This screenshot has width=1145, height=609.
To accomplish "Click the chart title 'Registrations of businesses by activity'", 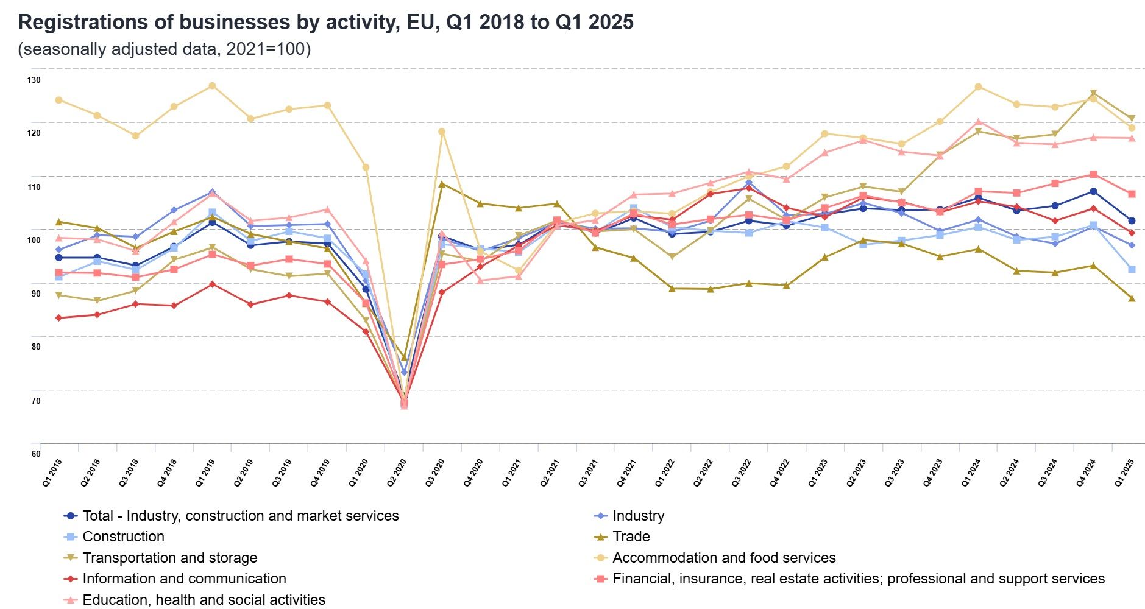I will [325, 22].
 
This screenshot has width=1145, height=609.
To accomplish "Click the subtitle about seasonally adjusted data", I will [165, 49].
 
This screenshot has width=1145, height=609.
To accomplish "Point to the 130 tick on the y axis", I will [34, 80].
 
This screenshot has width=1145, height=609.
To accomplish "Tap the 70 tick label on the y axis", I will [36, 401].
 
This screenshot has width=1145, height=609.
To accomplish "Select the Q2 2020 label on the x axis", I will [397, 473].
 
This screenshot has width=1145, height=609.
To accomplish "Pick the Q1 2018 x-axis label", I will [52, 473].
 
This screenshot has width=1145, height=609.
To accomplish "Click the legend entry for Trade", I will [631, 537].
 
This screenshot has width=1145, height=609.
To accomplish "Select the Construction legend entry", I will [123, 537].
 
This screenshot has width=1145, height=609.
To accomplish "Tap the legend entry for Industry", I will [638, 516].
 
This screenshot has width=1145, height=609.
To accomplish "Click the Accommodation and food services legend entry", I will [723, 558].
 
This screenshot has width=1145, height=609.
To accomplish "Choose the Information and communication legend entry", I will [184, 579].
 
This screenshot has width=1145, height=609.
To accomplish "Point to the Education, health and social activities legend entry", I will [204, 600].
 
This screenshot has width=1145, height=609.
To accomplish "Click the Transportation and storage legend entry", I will [169, 558].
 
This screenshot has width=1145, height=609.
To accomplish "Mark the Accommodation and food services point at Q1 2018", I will [58, 100].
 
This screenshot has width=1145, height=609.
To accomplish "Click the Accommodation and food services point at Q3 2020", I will [442, 132].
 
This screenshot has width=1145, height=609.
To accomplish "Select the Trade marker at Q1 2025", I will [1132, 298].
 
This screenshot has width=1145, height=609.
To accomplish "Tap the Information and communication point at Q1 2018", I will [58, 318].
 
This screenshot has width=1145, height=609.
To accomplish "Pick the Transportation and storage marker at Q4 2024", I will [1093, 93].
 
